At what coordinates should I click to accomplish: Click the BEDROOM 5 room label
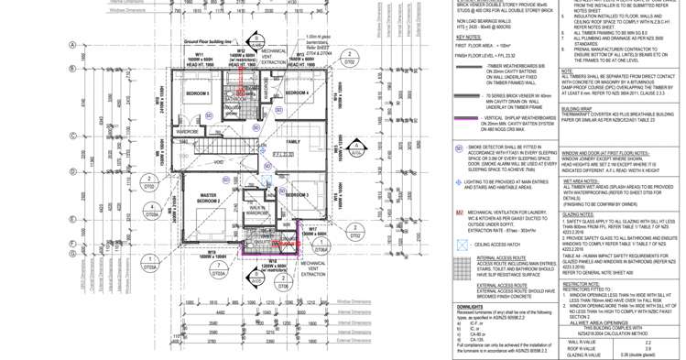tap(198, 93)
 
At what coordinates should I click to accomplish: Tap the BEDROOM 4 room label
tap(297, 93)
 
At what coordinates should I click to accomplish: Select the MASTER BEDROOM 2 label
tap(208, 197)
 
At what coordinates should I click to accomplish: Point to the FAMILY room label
tap(293, 142)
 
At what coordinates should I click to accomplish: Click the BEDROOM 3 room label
tap(297, 195)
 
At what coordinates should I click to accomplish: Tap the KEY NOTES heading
tap(468, 38)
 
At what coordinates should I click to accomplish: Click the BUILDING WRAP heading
tap(578, 107)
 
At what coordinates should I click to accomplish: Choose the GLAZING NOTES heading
tap(579, 214)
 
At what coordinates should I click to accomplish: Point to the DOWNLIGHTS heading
tap(470, 307)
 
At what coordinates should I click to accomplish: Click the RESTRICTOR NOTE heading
tap(581, 284)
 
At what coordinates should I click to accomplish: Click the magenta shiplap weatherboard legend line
tap(467, 118)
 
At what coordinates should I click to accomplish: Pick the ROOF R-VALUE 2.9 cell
tap(648, 348)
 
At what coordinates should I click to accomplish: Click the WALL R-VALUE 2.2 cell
tap(648, 342)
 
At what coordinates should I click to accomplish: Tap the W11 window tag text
tap(199, 54)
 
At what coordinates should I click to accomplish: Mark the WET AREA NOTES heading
tap(581, 180)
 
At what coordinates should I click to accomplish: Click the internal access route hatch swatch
tap(462, 267)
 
